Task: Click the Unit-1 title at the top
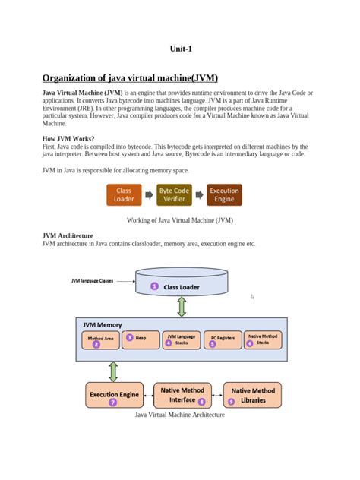[x=180, y=49]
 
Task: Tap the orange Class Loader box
[x=124, y=195]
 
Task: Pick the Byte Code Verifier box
[x=174, y=195]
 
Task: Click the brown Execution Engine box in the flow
[x=224, y=195]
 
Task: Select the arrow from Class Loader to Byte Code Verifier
[x=149, y=195]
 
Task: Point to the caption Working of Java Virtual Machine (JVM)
[x=180, y=220]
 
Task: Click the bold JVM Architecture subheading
[x=68, y=236]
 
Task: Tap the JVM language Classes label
[x=92, y=280]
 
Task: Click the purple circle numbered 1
[x=154, y=286]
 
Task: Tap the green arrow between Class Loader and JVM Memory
[x=182, y=307]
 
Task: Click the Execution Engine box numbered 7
[x=114, y=396]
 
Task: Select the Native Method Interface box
[x=182, y=395]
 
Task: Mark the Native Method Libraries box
[x=252, y=395]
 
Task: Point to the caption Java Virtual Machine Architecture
[x=180, y=415]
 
